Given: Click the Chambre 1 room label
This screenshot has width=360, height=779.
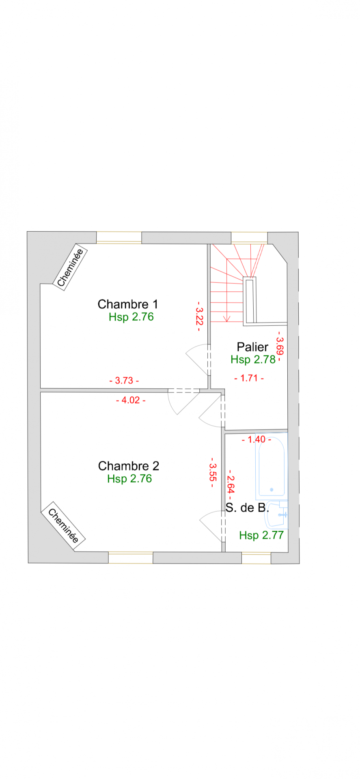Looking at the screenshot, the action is tap(128, 304).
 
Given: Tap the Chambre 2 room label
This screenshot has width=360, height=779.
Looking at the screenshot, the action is tap(129, 466).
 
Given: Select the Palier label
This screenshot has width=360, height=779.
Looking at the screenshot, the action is tap(252, 347).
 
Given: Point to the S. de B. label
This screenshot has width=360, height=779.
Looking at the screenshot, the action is tap(247, 508).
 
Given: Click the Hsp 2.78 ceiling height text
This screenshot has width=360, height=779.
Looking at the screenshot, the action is tap(253, 359).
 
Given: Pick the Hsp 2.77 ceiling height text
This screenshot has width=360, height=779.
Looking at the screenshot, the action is tap(261, 535).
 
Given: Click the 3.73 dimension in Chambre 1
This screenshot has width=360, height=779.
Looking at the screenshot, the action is tap(124, 381).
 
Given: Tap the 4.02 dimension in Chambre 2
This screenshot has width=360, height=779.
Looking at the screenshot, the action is tap(131, 400).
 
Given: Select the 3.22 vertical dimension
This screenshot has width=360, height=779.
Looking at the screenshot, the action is tap(199, 316).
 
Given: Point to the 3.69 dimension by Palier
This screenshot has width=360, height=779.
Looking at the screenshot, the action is tap(280, 346).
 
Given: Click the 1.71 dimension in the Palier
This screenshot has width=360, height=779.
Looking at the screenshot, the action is tap(249, 378).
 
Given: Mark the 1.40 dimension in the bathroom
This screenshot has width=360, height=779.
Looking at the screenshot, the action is tap(257, 439).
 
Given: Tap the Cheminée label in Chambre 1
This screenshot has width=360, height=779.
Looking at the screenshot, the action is tap(71, 267).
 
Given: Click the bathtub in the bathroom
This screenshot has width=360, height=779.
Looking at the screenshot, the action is tap(272, 467).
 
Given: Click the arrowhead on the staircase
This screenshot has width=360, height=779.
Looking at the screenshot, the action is tap(227, 318).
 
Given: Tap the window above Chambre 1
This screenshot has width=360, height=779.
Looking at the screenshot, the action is tap(119, 238).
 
